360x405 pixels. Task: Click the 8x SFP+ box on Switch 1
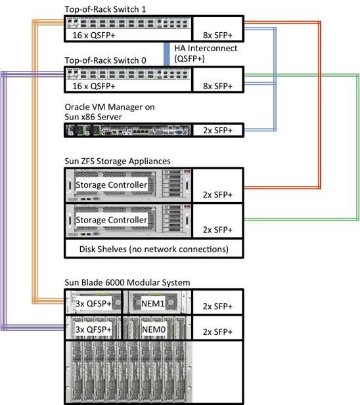(x=217, y=31)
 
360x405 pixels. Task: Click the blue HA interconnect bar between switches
(x=167, y=53)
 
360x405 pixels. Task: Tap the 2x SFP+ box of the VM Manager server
(x=217, y=131)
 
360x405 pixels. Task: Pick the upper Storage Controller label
(x=111, y=184)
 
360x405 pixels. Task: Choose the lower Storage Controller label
(x=111, y=220)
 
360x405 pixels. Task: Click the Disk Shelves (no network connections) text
(x=152, y=249)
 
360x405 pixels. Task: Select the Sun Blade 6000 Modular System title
(x=127, y=282)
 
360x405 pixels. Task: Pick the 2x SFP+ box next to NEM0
(x=217, y=328)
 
